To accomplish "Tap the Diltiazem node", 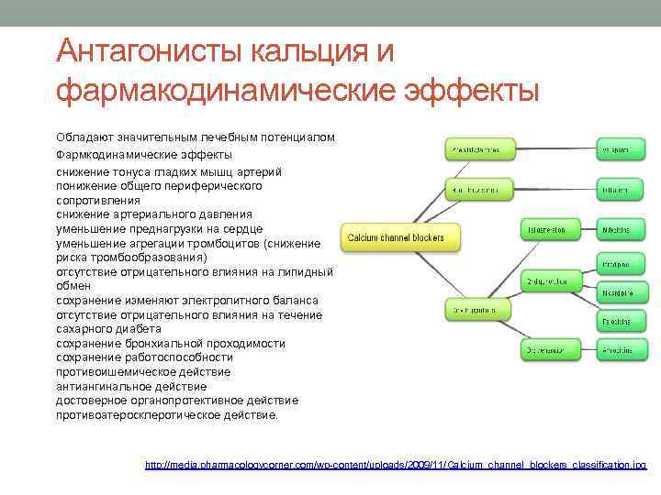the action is [x=615, y=190].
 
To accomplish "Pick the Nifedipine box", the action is [x=615, y=228].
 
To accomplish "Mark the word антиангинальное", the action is [x=102, y=386].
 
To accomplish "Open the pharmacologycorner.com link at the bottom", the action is [x=396, y=466].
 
